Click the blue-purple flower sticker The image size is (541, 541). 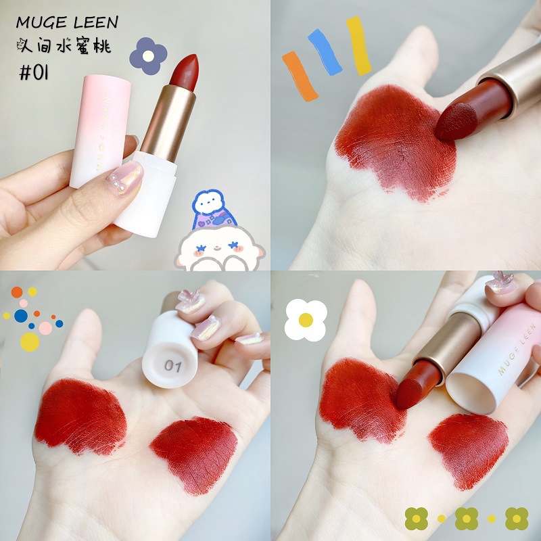click(147, 55)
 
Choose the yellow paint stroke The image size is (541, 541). click(358, 45)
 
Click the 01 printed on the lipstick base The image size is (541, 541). click(173, 366)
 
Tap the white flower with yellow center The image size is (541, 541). click(306, 319)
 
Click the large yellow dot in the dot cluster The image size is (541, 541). click(30, 342)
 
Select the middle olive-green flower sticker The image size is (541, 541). click(467, 518)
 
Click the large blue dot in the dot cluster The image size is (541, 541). click(21, 316)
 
